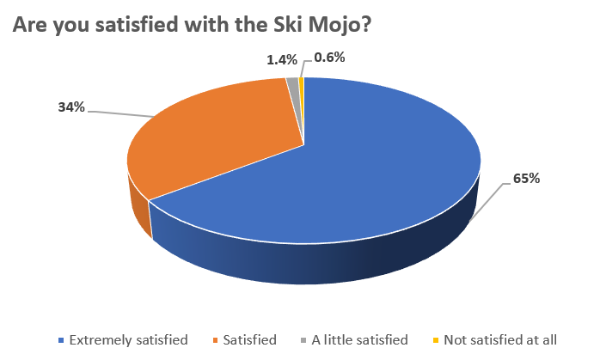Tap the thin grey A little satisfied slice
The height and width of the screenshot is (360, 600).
tap(293, 84)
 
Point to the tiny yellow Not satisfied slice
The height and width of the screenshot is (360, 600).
tap(301, 83)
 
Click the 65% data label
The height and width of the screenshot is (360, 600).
tap(527, 179)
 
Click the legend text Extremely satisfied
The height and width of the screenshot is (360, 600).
tap(129, 339)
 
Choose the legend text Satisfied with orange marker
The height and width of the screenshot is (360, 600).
tap(252, 339)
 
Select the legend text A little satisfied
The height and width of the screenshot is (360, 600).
tap(359, 339)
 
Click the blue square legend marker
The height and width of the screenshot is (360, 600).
tap(61, 340)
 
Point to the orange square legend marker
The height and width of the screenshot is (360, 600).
tap(215, 340)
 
